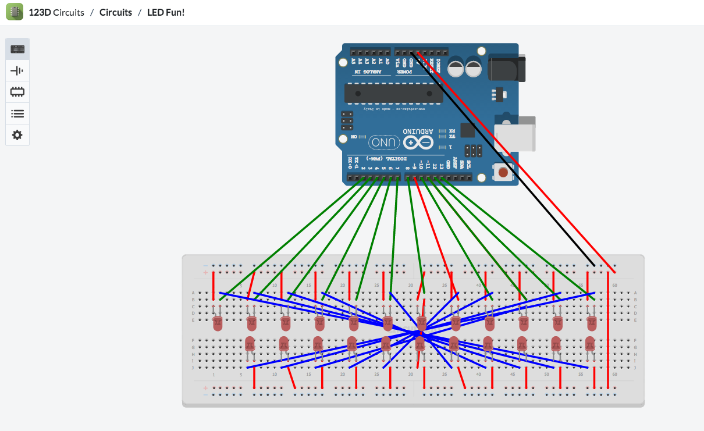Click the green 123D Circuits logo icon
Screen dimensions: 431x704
click(15, 12)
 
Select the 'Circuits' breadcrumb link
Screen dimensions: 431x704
click(116, 12)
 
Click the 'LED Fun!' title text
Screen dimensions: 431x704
click(166, 12)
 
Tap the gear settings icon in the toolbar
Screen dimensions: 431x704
click(17, 135)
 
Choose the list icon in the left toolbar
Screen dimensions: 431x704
click(17, 113)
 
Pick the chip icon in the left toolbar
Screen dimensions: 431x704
click(17, 92)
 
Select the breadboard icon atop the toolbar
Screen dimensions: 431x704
click(17, 49)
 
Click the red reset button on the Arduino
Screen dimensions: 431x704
click(503, 173)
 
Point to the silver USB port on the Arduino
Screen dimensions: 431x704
click(515, 134)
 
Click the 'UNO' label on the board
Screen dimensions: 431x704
click(384, 143)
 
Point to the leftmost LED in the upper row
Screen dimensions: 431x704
click(218, 323)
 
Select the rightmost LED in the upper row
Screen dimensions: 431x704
click(592, 323)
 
